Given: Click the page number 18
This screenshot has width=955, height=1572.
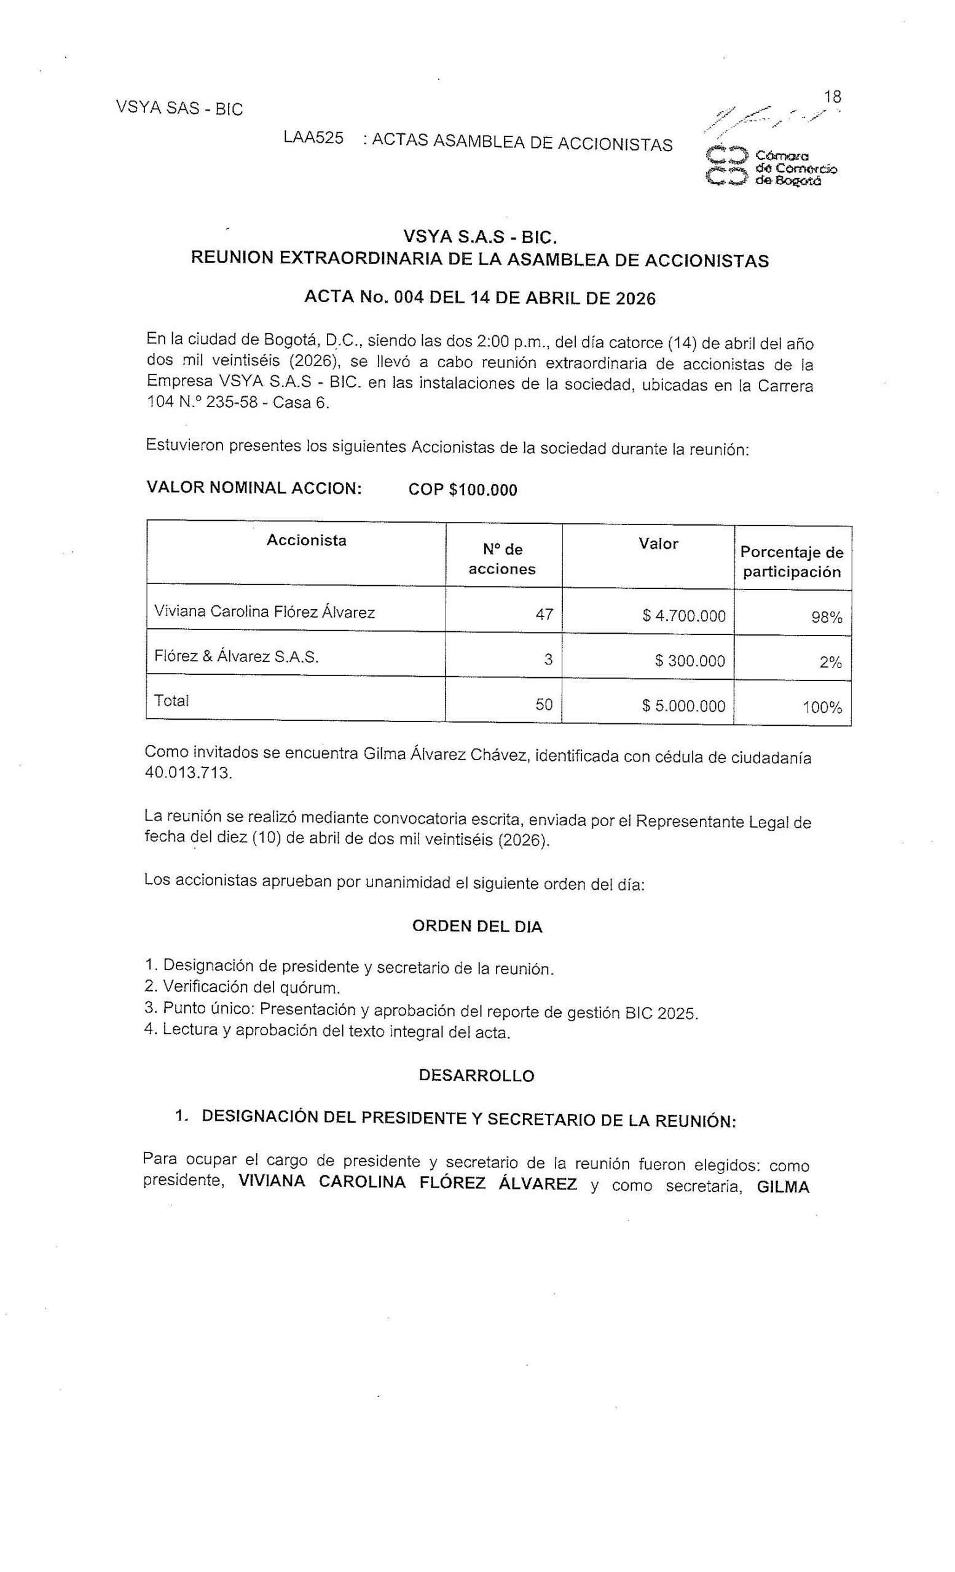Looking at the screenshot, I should pos(832,97).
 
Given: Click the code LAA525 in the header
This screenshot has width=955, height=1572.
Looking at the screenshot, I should pos(313,138).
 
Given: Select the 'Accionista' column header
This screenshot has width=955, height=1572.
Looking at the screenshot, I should pos(307,540).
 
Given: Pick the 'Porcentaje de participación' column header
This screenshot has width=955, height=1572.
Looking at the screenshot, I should pos(792,561).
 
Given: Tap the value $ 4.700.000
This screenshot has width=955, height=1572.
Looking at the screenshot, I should pos(684,616).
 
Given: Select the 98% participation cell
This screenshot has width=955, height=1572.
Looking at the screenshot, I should pos(827,617).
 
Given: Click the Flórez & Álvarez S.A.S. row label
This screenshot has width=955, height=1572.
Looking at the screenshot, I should pos(236,656).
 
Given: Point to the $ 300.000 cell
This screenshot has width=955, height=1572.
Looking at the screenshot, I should pos(690,660).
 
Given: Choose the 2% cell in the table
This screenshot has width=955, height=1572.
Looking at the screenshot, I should pos(830,662).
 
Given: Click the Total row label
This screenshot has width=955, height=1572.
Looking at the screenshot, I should pos(171,701).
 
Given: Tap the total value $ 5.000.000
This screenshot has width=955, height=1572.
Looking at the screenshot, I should pos(684,706).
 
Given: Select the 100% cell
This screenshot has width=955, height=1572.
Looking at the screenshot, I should pos(822,707).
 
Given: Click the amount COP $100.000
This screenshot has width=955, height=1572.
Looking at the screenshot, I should pos(462,490).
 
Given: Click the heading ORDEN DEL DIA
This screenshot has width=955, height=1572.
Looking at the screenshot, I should pos(477,927).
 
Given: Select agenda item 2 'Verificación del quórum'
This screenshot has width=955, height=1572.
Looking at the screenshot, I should pos(242,987).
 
